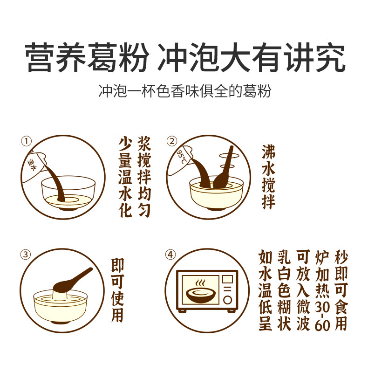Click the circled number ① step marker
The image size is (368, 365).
click(x=26, y=141)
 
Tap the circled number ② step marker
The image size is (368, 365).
click(x=172, y=141)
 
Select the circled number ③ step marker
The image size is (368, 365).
click(x=26, y=255)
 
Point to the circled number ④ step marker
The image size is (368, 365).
click(x=170, y=255)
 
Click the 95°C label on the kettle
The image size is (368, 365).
click(x=182, y=157)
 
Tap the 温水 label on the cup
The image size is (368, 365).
click(x=32, y=165)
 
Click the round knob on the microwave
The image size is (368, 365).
click(x=227, y=300)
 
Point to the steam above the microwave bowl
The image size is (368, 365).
click(x=200, y=283)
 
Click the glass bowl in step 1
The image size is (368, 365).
click(x=68, y=193)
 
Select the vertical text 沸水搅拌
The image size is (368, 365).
click(x=268, y=177)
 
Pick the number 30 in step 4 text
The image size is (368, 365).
click(x=322, y=307)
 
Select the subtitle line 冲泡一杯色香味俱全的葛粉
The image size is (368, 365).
click(x=185, y=91)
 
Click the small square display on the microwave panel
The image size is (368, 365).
click(x=227, y=279)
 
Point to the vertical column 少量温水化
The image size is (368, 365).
click(x=125, y=178)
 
